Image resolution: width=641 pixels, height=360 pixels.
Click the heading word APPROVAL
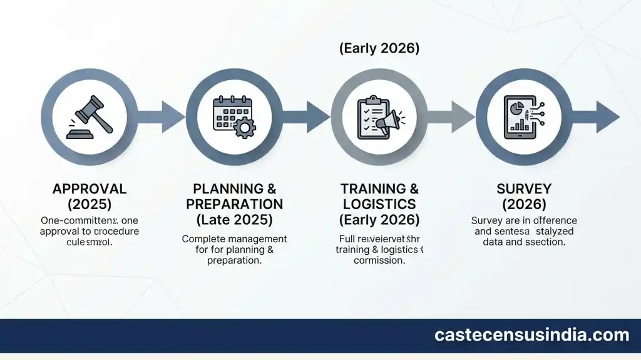click(90, 189)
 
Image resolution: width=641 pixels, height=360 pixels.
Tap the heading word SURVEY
click(524, 189)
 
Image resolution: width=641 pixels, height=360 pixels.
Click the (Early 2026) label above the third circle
click(379, 49)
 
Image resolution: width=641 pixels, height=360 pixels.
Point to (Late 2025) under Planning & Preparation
click(235, 220)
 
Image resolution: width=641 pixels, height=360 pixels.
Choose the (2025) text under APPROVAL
click(90, 205)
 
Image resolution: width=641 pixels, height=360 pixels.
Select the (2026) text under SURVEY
click(524, 205)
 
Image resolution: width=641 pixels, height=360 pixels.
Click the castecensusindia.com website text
click(531, 336)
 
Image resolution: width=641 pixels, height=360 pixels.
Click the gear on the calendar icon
click(245, 128)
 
